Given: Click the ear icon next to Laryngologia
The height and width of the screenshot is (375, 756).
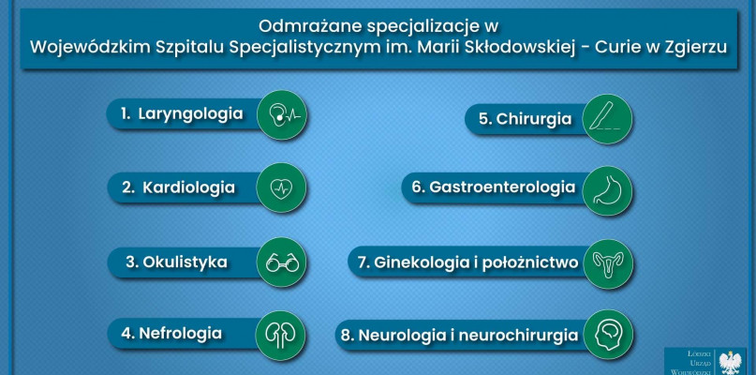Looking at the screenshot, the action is (x=282, y=115).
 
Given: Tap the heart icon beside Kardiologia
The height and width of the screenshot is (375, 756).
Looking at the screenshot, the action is (x=282, y=187).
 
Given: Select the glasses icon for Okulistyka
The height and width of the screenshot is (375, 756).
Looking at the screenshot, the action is (x=282, y=262).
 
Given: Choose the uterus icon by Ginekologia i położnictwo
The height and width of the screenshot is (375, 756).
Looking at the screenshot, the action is (x=607, y=264).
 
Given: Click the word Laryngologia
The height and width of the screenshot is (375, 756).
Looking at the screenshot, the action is (x=190, y=114).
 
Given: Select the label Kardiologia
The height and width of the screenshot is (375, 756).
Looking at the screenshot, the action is (x=188, y=187).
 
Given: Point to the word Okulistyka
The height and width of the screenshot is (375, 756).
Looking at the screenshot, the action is (x=185, y=262).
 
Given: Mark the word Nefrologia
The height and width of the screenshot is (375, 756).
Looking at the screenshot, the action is (x=180, y=333).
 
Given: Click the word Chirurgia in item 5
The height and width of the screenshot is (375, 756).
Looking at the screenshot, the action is (x=534, y=119).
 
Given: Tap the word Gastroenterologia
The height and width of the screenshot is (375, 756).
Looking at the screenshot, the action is (x=502, y=187).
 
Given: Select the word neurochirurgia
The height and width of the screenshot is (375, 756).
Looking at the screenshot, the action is (x=518, y=335).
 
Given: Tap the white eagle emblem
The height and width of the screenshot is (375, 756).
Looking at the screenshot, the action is (x=730, y=363).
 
